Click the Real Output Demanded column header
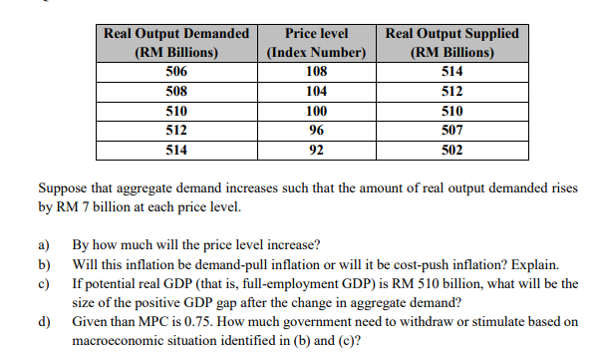click(x=177, y=42)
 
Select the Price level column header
click(x=315, y=42)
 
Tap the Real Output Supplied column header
click(x=452, y=42)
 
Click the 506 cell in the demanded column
click(x=176, y=71)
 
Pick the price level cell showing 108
click(x=315, y=71)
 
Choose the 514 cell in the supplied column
click(x=452, y=71)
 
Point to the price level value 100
click(x=315, y=111)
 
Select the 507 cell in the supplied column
click(x=452, y=131)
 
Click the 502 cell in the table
click(x=452, y=151)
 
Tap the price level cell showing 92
click(x=315, y=151)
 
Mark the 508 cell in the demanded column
click(x=176, y=91)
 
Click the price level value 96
click(x=315, y=131)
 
